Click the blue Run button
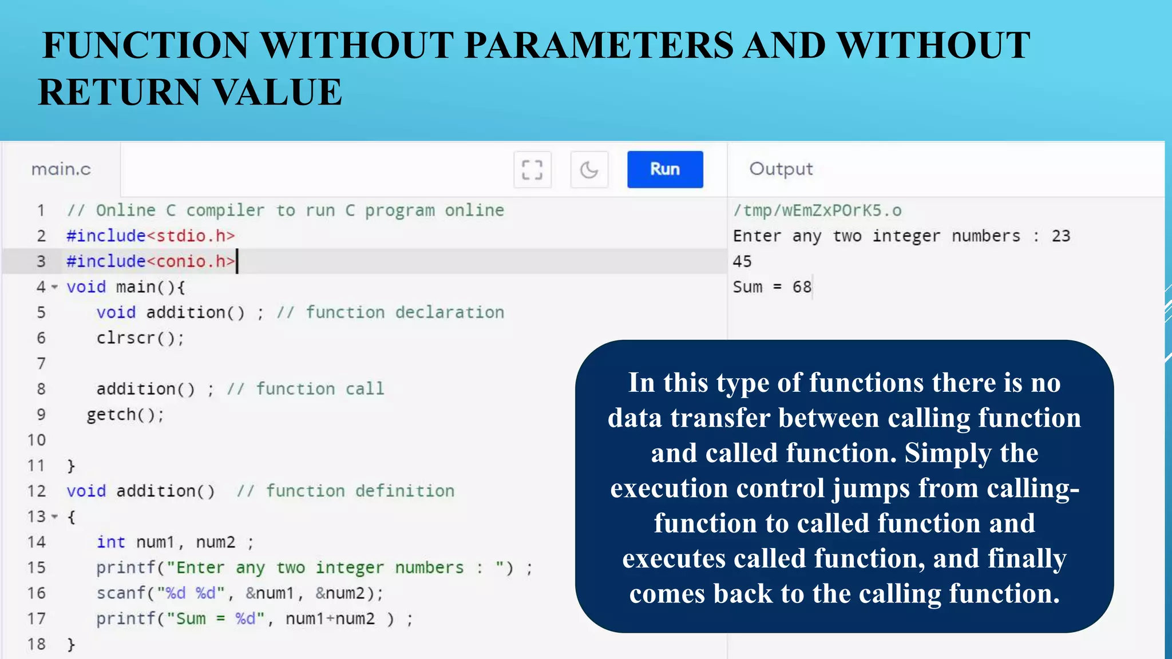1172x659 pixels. (x=664, y=169)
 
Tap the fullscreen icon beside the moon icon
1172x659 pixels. (x=532, y=170)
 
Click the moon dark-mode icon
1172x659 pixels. (x=589, y=170)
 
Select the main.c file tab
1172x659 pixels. (x=61, y=169)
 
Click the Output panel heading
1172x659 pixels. (x=781, y=169)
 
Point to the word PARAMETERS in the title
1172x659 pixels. (x=599, y=45)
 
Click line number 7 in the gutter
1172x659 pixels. (x=41, y=363)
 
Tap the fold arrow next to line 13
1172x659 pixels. (x=55, y=517)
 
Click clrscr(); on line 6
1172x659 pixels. (x=140, y=338)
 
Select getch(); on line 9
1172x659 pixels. (x=125, y=415)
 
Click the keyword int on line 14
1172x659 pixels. (x=110, y=542)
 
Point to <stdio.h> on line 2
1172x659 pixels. (x=191, y=236)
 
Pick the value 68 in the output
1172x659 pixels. (x=802, y=287)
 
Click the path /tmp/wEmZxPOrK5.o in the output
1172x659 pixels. (x=817, y=211)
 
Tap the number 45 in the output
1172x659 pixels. (x=742, y=261)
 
